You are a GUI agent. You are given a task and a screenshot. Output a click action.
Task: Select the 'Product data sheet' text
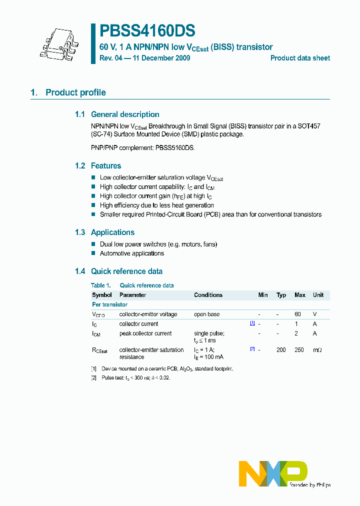[300, 58]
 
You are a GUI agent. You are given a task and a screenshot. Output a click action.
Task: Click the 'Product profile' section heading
[75, 92]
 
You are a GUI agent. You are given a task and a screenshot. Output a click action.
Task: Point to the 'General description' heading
[125, 114]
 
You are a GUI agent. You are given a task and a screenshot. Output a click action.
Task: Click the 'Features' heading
[106, 166]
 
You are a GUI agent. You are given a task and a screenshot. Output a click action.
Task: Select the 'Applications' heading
[112, 232]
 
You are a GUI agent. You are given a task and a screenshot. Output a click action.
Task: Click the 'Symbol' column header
[102, 295]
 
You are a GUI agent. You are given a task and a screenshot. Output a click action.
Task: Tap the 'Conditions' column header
[208, 295]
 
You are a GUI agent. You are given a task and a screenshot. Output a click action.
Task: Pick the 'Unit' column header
[318, 295]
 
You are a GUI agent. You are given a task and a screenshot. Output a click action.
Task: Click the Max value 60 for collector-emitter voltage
[298, 314]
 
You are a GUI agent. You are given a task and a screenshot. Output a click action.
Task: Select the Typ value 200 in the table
[281, 350]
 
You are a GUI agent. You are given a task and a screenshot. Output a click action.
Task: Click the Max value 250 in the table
[299, 350]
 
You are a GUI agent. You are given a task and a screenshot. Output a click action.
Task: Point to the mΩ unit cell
[317, 350]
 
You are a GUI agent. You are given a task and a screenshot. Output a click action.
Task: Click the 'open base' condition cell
[206, 314]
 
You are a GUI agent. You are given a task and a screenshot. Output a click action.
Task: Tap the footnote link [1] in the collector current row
[252, 323]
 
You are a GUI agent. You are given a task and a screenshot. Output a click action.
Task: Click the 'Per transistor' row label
[109, 304]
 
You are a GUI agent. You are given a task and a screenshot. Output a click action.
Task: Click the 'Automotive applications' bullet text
[132, 253]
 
